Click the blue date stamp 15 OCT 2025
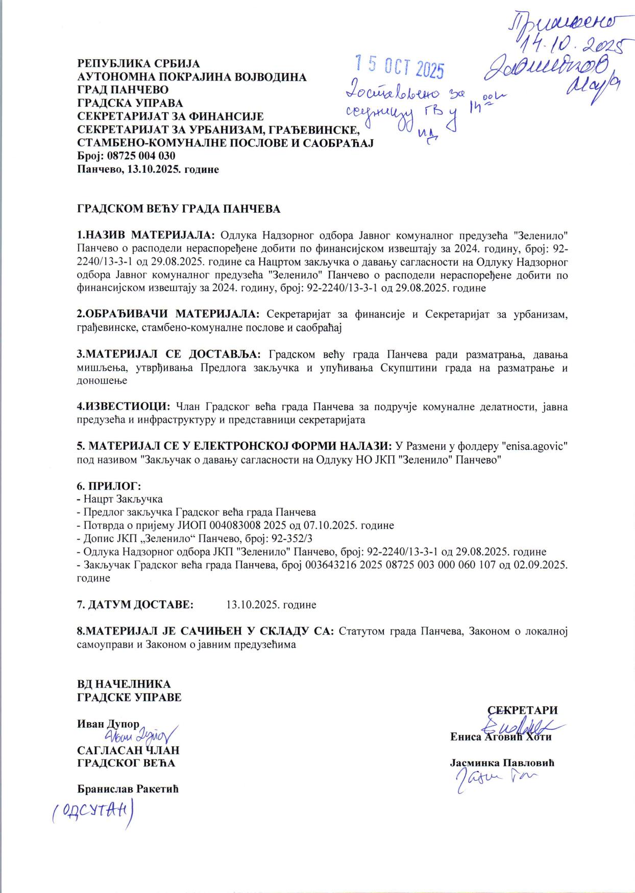400,67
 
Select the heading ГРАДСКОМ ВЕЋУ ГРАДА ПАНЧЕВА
178,209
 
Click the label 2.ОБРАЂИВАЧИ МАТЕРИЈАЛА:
168,314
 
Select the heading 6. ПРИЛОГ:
109,486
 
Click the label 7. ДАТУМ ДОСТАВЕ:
135,605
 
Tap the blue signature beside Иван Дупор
140,735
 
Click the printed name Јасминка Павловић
502,763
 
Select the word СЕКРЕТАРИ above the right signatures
522,710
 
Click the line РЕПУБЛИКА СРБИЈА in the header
138,64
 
